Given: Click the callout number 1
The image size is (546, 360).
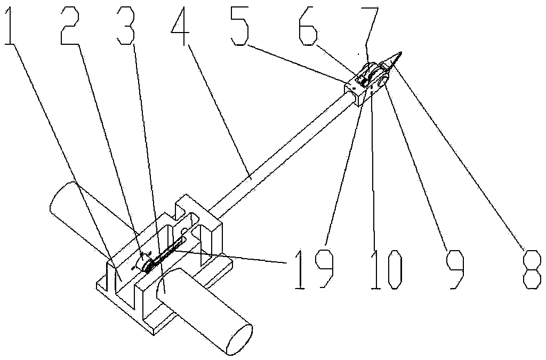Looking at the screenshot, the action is pos(11,27).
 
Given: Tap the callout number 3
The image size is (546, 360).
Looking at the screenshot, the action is pos(126,27).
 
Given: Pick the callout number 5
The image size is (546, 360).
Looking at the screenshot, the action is pos(239,27).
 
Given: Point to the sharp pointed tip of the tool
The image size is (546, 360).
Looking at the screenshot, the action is pos(401,52).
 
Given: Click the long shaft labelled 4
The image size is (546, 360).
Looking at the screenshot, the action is pos(282,153).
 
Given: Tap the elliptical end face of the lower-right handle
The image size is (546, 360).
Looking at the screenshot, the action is pos(239,339).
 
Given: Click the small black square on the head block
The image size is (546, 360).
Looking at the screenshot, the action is pos(355,89).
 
